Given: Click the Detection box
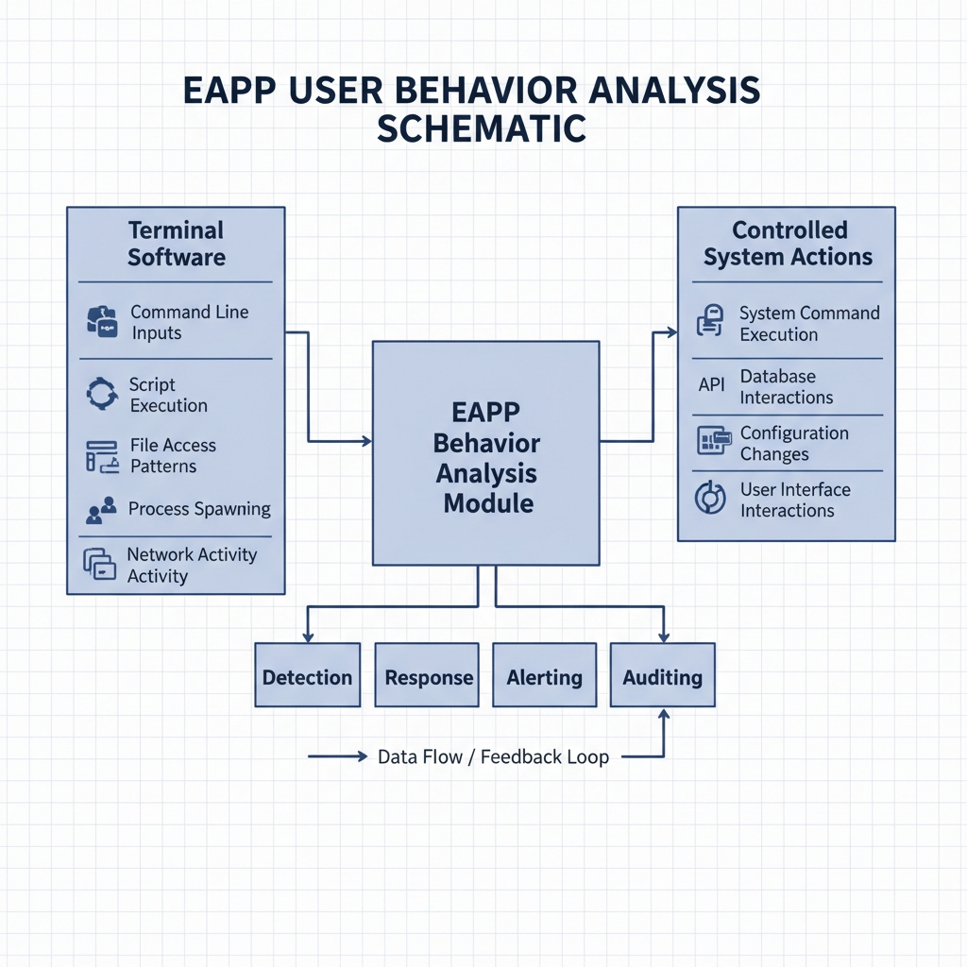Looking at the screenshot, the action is tap(308, 674).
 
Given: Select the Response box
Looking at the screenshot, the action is tap(427, 674).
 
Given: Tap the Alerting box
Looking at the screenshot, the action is tap(545, 674).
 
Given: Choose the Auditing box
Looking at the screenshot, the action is tap(663, 674).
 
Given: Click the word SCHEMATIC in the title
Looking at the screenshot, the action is tap(482, 128).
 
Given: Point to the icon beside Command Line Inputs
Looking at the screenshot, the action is tap(102, 322).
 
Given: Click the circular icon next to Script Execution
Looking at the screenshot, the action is tap(102, 394).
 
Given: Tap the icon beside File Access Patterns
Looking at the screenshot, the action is tap(102, 456).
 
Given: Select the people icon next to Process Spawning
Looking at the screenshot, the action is tap(102, 510).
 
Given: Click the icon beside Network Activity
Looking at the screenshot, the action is tap(100, 564).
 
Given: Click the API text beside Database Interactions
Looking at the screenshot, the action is tap(712, 385).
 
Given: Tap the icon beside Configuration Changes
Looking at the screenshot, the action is tap(714, 440).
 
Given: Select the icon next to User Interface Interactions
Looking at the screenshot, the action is tap(710, 498).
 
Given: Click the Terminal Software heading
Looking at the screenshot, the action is tap(177, 244).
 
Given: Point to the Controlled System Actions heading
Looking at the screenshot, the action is tap(789, 244).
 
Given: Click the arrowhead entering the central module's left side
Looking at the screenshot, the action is tap(367, 441).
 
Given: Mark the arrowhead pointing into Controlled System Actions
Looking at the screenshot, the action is tap(672, 332).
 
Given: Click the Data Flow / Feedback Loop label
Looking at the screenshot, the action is tap(493, 756).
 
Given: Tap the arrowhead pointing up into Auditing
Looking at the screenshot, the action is tap(664, 714).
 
